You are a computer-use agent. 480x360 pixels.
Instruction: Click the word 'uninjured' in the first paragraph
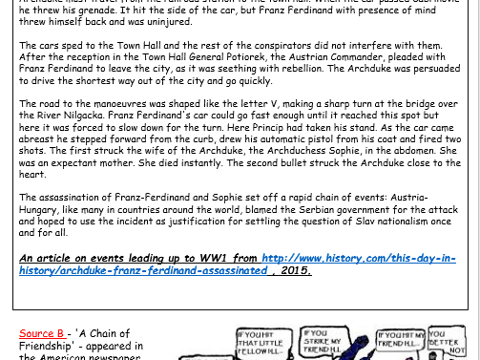[x=166, y=20]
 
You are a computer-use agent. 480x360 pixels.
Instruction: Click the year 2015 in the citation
[x=298, y=270]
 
